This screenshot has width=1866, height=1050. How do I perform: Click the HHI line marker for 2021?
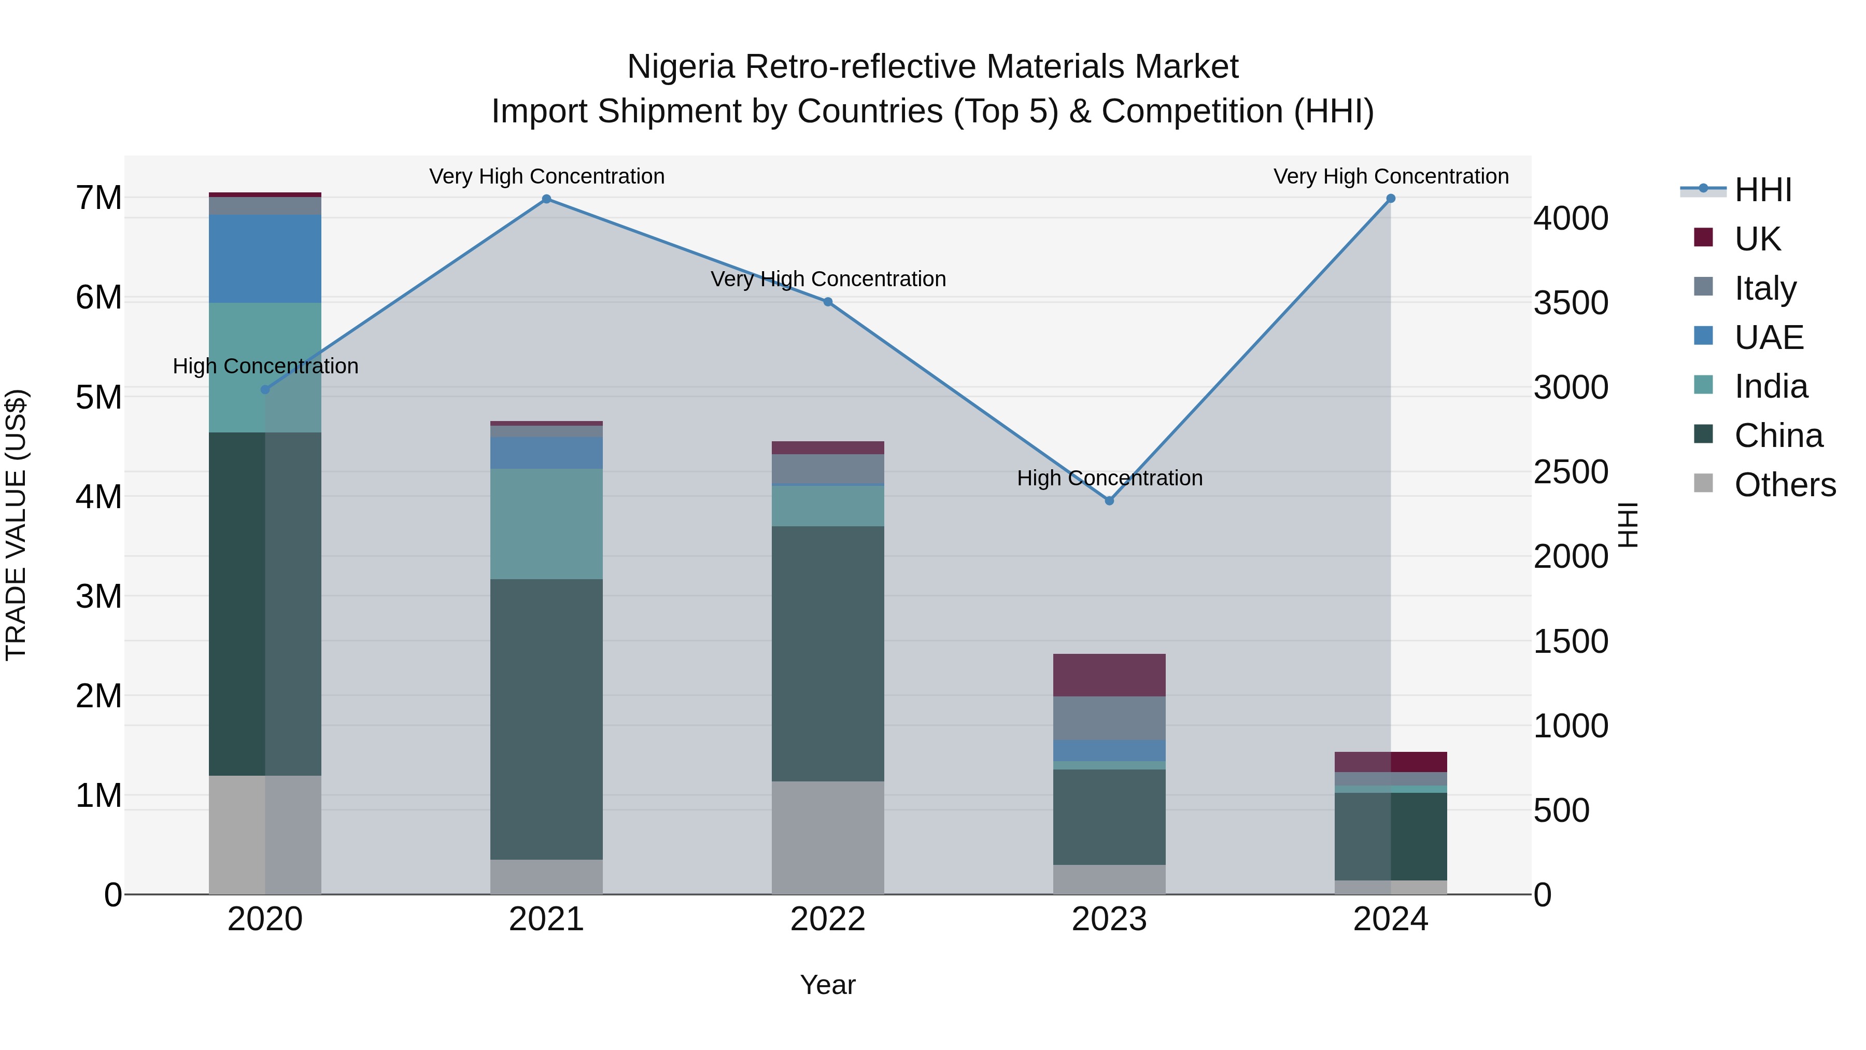(547, 199)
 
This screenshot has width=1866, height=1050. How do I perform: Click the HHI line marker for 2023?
(1109, 501)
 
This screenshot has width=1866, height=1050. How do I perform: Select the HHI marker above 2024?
(1390, 199)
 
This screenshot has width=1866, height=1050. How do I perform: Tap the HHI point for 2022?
(828, 302)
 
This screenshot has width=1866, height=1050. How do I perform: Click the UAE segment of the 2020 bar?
(265, 259)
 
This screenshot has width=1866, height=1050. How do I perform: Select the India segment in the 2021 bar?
(546, 523)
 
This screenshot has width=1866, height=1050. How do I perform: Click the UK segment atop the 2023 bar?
(1109, 675)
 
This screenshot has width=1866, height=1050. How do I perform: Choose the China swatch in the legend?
(1704, 435)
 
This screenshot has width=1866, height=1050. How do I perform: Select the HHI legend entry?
(1762, 190)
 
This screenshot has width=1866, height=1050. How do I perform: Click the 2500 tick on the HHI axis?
(1571, 472)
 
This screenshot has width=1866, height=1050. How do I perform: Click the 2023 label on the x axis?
(1109, 919)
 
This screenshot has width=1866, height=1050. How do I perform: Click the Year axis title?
(828, 985)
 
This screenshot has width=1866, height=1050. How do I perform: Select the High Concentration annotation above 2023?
(1109, 478)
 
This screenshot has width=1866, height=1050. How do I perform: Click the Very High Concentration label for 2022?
(828, 279)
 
